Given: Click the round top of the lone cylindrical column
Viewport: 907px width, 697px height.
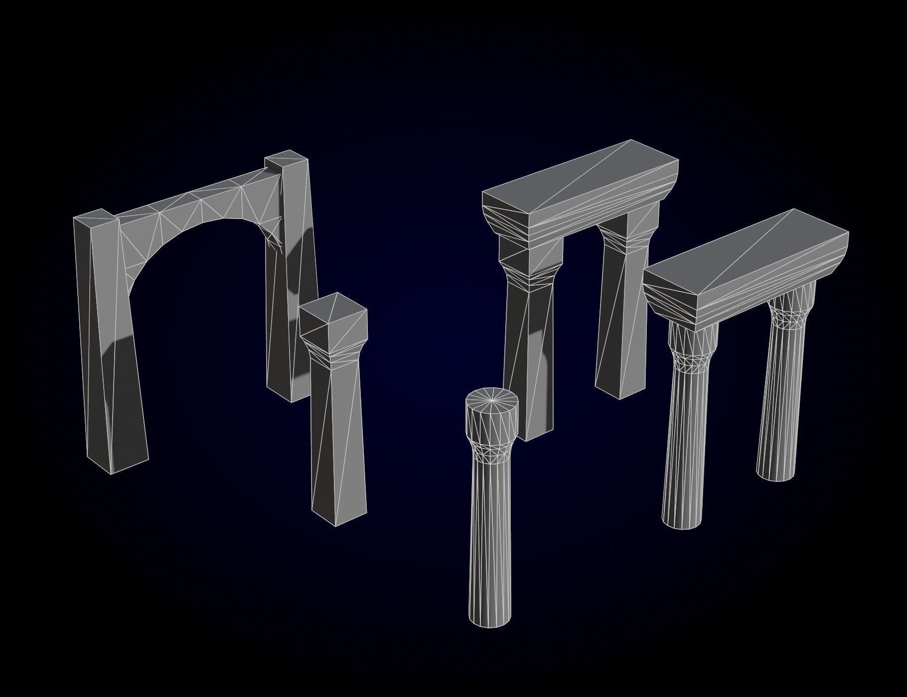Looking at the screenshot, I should pos(492,399).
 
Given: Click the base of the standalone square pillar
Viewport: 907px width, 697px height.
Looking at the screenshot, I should pos(339,513).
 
